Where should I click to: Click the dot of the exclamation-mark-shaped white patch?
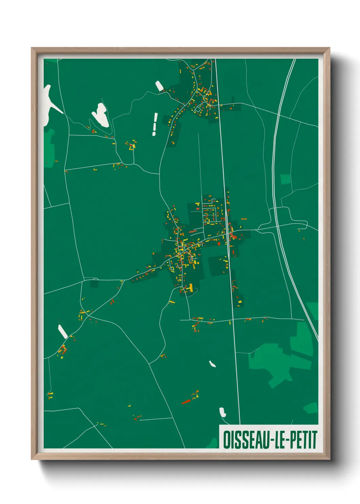click(x=154, y=133)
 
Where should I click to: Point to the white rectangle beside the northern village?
click(x=159, y=86)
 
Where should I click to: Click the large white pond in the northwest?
click(x=100, y=114)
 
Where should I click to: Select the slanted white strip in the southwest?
click(x=63, y=331)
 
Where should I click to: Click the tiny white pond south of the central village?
click(x=212, y=364)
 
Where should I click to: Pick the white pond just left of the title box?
click(x=223, y=412)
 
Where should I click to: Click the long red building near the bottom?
click(x=186, y=401)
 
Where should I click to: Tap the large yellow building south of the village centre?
click(x=191, y=288)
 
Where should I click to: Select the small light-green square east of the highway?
click(x=285, y=179)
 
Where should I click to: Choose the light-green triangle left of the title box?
click(x=213, y=443)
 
